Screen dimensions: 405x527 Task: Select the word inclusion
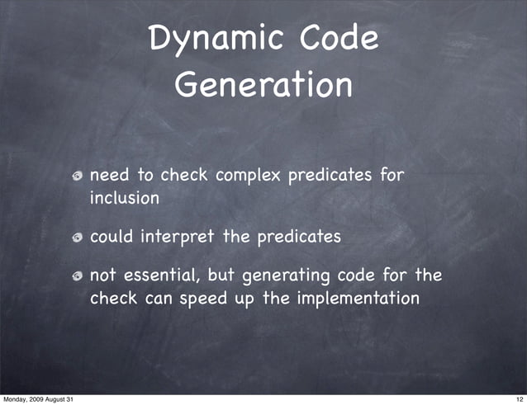click(124, 199)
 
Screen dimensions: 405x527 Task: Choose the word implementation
click(356, 298)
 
